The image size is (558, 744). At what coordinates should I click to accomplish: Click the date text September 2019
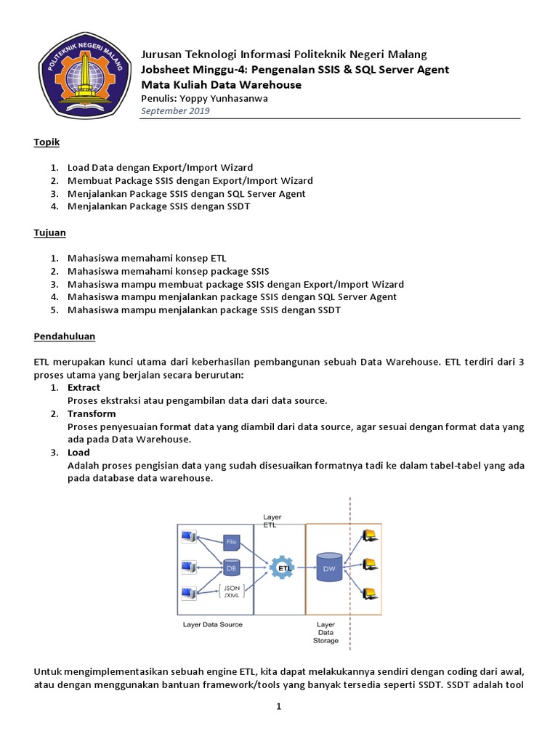click(175, 111)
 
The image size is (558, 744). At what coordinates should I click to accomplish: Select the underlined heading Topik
click(46, 142)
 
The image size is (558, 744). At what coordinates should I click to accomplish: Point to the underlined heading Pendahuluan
click(65, 337)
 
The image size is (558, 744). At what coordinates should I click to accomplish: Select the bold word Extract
click(84, 388)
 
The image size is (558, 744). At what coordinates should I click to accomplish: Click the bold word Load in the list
click(79, 452)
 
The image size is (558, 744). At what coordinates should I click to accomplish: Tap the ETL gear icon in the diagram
click(280, 566)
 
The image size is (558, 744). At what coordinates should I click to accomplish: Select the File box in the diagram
click(232, 541)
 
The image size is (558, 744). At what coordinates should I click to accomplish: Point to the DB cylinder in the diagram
click(231, 567)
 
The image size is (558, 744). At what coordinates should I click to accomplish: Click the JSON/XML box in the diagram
click(232, 591)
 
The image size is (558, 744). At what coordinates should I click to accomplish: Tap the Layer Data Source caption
click(212, 625)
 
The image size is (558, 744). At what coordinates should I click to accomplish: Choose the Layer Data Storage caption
click(325, 632)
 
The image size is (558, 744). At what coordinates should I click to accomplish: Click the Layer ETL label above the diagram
click(272, 520)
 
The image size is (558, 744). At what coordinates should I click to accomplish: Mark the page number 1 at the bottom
click(278, 707)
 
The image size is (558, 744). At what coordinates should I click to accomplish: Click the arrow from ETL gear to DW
click(303, 567)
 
